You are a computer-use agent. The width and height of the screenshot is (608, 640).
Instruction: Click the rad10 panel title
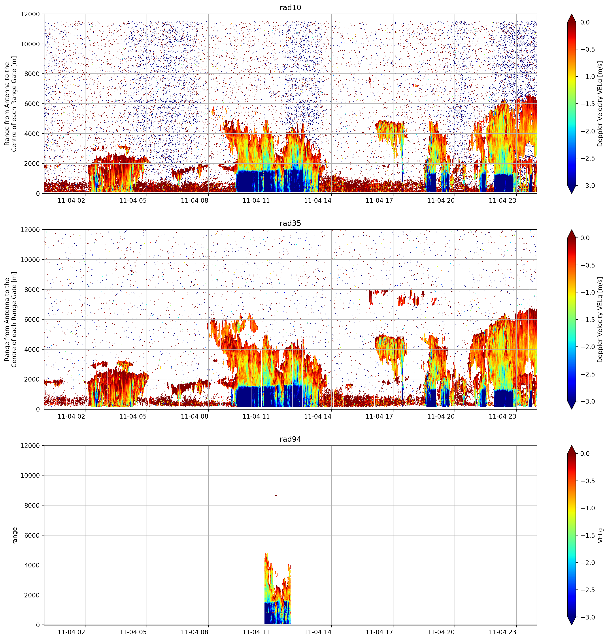(290, 7)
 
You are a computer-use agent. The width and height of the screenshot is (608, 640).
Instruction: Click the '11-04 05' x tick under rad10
(133, 201)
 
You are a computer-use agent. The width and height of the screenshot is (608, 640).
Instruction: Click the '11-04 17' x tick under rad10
(380, 201)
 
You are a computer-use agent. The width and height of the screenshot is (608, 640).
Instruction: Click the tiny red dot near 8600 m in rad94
(276, 496)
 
